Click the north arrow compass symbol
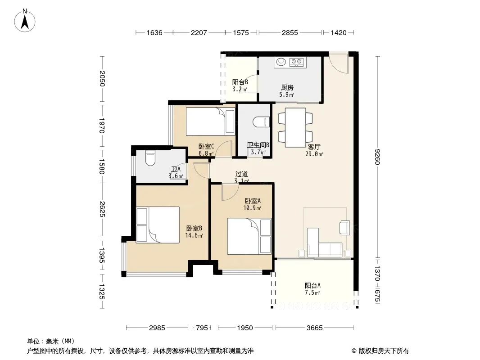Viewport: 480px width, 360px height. [x=25, y=21]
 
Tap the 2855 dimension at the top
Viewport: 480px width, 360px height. [x=290, y=32]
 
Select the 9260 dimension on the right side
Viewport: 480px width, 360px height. [x=377, y=157]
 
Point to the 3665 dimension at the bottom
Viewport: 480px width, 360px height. [x=314, y=328]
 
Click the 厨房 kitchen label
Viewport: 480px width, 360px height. [x=287, y=88]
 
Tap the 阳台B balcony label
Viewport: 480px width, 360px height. [x=240, y=82]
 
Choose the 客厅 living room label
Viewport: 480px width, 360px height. [x=314, y=147]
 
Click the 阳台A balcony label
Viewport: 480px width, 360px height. [x=312, y=286]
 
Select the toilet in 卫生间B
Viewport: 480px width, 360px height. [x=262, y=122]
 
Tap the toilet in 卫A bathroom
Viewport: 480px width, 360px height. [x=150, y=157]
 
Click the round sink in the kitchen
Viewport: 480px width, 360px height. [x=281, y=62]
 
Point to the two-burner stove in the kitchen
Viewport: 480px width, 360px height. [x=296, y=62]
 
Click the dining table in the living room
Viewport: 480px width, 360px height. [x=295, y=127]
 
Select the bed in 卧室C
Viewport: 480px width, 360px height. [x=210, y=121]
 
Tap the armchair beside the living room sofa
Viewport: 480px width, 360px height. [x=344, y=228]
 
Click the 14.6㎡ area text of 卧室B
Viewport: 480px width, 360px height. [x=194, y=235]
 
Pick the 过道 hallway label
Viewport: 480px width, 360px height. [x=241, y=174]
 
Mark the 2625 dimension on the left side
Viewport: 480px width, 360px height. [x=102, y=209]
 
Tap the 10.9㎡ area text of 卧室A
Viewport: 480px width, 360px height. [x=252, y=208]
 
